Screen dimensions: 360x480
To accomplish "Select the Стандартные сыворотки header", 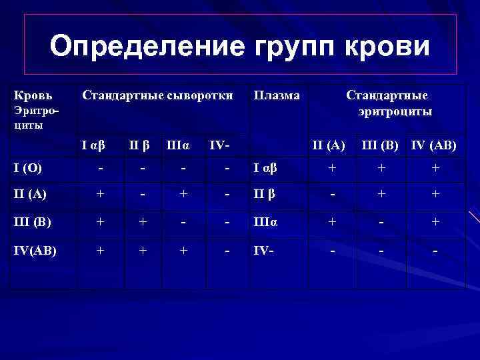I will [x=157, y=95].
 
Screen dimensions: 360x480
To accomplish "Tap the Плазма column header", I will [x=277, y=95].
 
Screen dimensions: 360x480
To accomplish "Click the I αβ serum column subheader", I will [x=94, y=145].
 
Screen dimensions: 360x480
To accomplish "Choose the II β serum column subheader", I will [x=139, y=145].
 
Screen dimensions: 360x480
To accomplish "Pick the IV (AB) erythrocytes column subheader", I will [x=434, y=145].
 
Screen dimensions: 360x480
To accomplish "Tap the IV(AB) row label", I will [x=35, y=252].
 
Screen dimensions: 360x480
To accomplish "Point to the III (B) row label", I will [x=31, y=225].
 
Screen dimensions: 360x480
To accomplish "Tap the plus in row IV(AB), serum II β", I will [x=142, y=252].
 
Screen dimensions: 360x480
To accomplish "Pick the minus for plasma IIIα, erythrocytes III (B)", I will [x=381, y=225].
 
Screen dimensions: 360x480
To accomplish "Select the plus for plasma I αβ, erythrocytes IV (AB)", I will [x=435, y=169].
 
